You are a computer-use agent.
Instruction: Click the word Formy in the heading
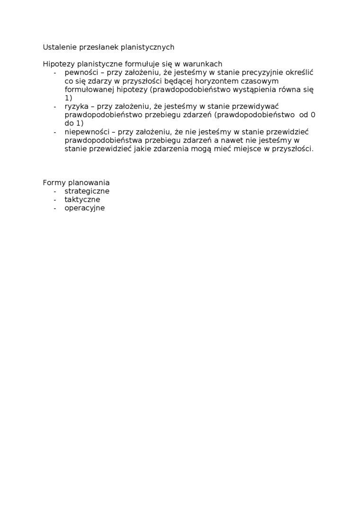[54, 183]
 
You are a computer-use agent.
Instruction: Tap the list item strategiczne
[87, 191]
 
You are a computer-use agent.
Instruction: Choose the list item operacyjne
[84, 208]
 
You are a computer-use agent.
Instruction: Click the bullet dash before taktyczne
[55, 200]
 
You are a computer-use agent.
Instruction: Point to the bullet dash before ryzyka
[55, 107]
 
